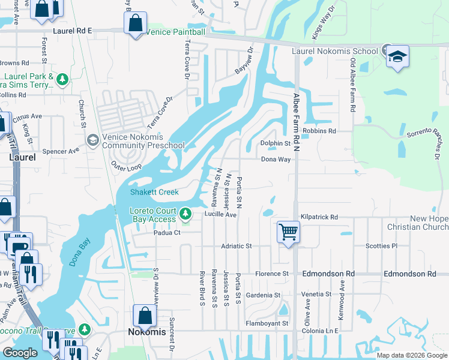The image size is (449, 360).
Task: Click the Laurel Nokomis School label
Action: click(x=334, y=51)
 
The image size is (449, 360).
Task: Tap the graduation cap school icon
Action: click(x=397, y=57)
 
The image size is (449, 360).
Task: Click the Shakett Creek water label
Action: click(x=155, y=192)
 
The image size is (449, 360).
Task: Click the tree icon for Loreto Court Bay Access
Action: click(x=186, y=213)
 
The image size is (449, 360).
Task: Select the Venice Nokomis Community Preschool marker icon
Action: click(x=92, y=140)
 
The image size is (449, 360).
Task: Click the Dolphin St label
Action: click(x=275, y=143)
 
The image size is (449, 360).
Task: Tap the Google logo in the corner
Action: click(x=20, y=353)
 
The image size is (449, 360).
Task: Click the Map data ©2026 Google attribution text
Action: click(x=411, y=355)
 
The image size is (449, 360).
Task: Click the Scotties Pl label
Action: click(x=382, y=246)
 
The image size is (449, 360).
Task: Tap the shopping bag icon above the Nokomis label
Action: click(x=145, y=315)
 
